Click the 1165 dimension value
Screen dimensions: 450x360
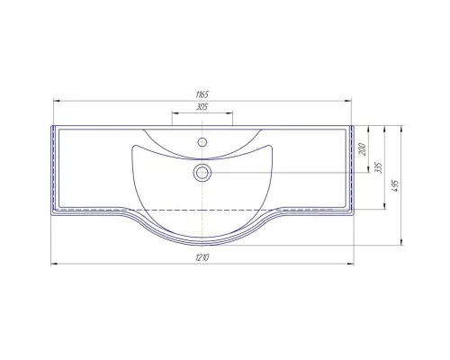pyautogui.click(x=202, y=94)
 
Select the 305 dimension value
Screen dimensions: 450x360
pyautogui.click(x=202, y=107)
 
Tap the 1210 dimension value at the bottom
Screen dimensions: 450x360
pyautogui.click(x=202, y=257)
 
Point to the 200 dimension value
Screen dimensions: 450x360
pyautogui.click(x=363, y=149)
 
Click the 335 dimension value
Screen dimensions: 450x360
pyautogui.click(x=379, y=167)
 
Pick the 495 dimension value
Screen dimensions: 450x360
pyautogui.click(x=395, y=185)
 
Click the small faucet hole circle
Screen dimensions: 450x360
pyautogui.click(x=202, y=142)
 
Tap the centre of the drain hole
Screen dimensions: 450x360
pyautogui.click(x=202, y=173)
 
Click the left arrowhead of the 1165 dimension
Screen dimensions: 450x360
pyautogui.click(x=57, y=101)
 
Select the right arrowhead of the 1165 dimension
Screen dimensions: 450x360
pyautogui.click(x=348, y=101)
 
